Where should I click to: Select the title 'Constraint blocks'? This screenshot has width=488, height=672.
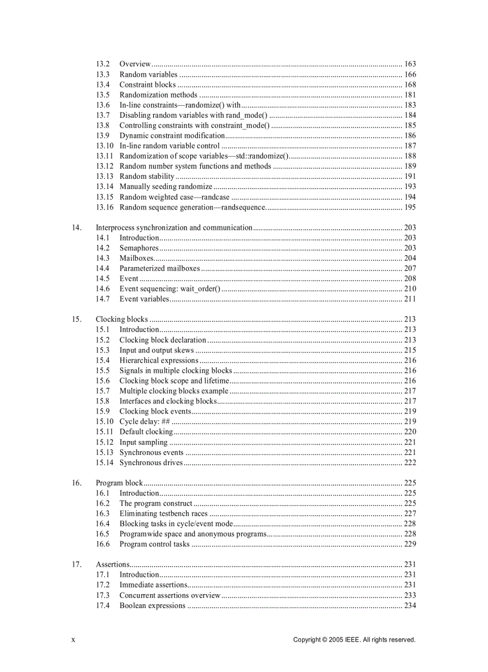coord(147,84)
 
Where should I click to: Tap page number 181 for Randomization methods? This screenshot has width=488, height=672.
coord(410,95)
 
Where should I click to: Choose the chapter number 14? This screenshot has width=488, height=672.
coord(77,227)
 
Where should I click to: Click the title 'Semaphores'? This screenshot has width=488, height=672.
coord(139,248)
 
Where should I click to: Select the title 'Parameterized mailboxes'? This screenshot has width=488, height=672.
coord(160,268)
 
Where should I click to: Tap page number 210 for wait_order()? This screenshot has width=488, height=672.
coord(410,288)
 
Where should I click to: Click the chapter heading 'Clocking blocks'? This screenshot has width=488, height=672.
coord(121,319)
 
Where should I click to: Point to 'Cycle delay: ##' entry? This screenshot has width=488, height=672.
coord(145,421)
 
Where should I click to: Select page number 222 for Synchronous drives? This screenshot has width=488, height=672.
coord(410,463)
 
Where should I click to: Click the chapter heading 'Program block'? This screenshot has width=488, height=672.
coord(119,483)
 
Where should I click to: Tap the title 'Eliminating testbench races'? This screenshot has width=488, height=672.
coord(163,513)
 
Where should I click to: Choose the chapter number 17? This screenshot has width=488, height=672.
coord(77,564)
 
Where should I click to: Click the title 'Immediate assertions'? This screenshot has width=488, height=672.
coord(153,585)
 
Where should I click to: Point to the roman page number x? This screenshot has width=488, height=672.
coord(73,640)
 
